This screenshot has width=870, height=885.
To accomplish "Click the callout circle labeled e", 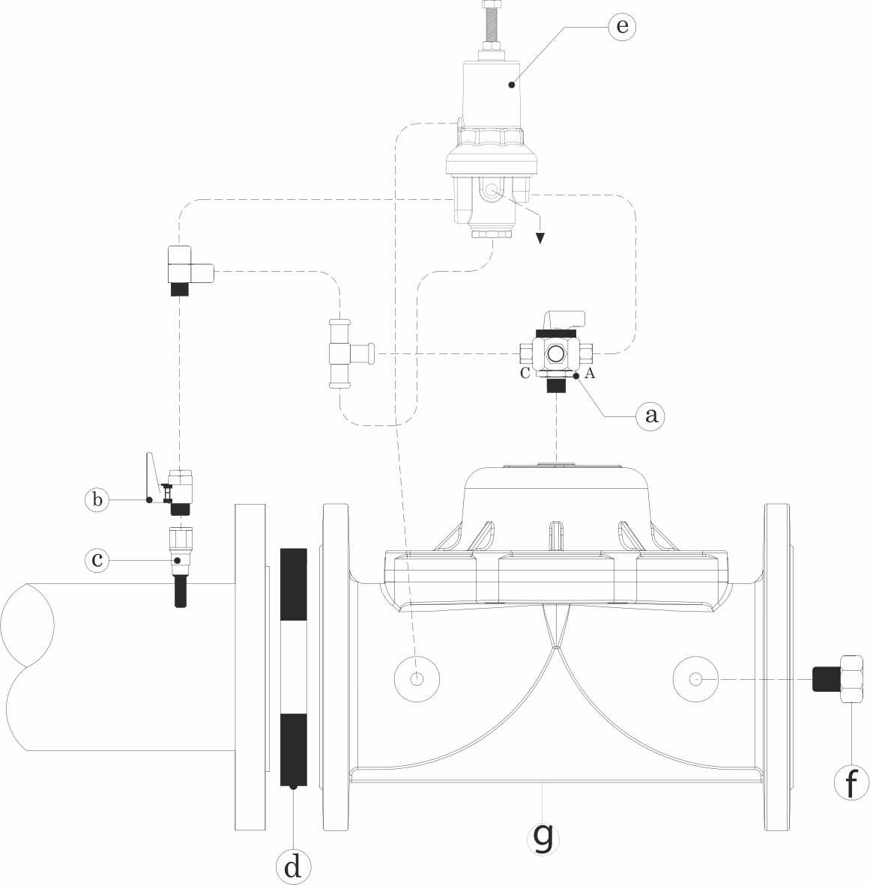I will pyautogui.click(x=621, y=26).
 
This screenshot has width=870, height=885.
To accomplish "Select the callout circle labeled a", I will pyautogui.click(x=650, y=414).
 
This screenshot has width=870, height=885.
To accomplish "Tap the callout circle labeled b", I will pyautogui.click(x=97, y=499).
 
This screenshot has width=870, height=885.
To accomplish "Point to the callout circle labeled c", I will pyautogui.click(x=97, y=559).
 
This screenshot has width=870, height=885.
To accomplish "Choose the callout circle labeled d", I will pyautogui.click(x=293, y=866).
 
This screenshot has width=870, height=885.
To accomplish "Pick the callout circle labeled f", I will pyautogui.click(x=852, y=784).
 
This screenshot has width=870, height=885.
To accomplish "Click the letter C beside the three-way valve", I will pyautogui.click(x=526, y=374).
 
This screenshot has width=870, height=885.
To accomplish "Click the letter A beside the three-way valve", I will pyautogui.click(x=590, y=374).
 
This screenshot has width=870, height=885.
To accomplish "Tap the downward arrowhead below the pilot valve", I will pyautogui.click(x=540, y=239).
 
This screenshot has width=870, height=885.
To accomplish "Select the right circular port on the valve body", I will pyautogui.click(x=696, y=679).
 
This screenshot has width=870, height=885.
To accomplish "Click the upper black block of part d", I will pyautogui.click(x=293, y=585).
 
